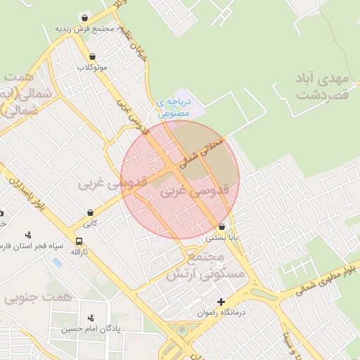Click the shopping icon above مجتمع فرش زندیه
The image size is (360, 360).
tap(85, 18)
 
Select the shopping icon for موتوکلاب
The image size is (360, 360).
tap(92, 57)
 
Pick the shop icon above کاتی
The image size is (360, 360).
tap(91, 212)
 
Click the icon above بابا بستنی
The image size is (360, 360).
tap(222, 227)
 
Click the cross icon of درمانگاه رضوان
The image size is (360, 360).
tap(221, 302)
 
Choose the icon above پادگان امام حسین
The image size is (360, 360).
tap(89, 319)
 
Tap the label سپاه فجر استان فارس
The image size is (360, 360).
tap(32, 246)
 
